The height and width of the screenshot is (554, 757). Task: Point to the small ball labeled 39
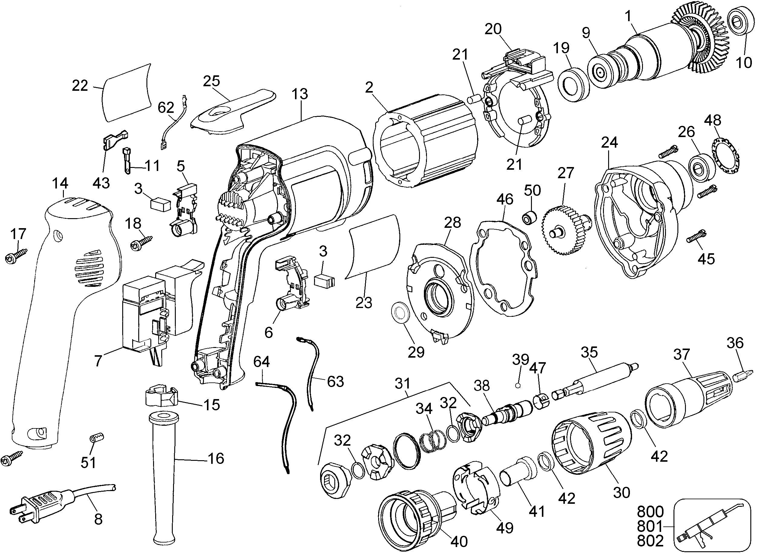pyautogui.click(x=518, y=385)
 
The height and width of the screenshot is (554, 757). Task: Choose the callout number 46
pyautogui.click(x=505, y=199)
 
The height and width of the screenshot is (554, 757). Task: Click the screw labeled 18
pyautogui.click(x=142, y=242)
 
